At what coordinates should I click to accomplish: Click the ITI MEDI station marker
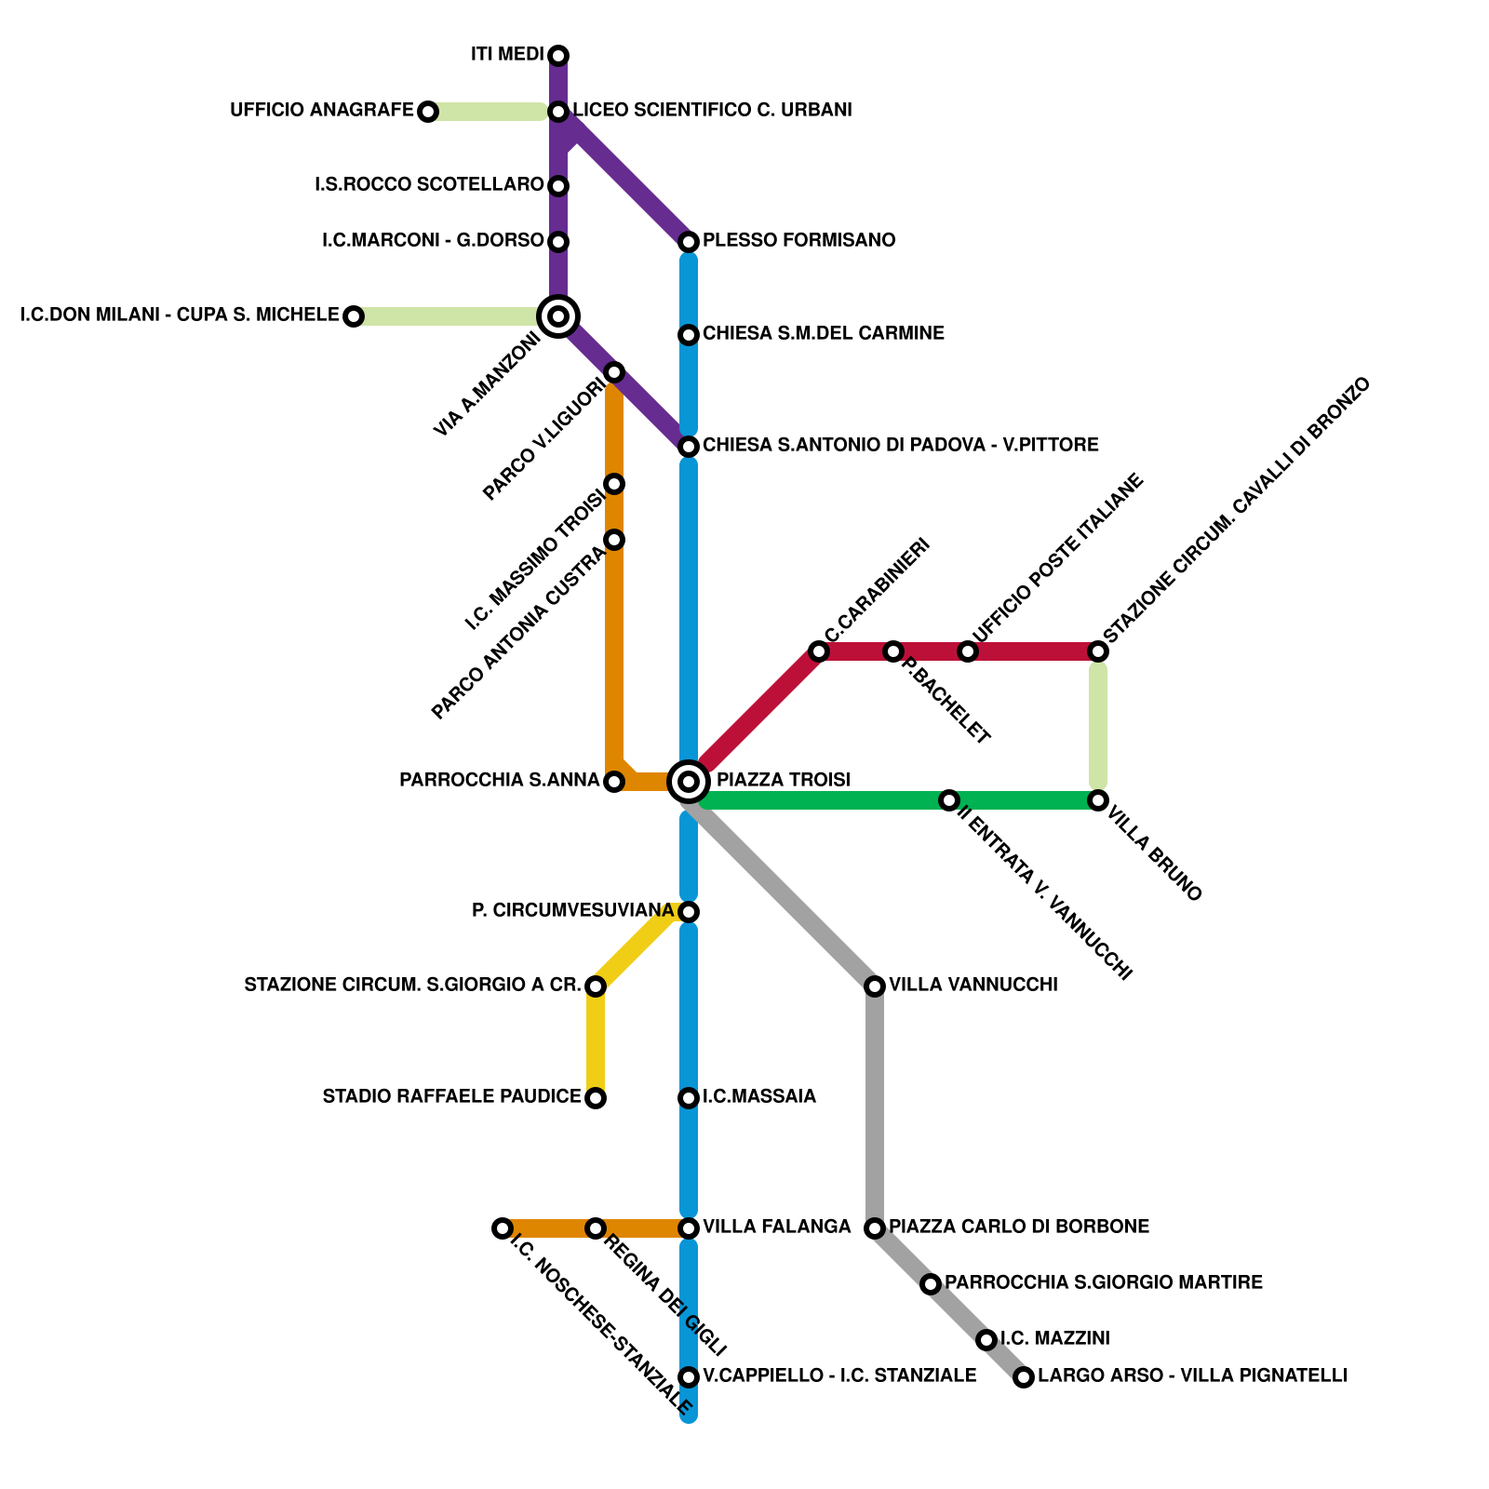(558, 56)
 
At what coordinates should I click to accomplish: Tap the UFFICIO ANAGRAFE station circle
(427, 112)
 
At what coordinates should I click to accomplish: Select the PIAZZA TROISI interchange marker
(689, 781)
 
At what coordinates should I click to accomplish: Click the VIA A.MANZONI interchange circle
(558, 316)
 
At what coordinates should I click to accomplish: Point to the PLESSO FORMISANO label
(798, 241)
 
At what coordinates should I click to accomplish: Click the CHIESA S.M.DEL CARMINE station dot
(689, 335)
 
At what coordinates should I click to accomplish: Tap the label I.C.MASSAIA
(759, 1097)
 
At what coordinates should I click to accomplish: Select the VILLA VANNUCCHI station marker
(874, 986)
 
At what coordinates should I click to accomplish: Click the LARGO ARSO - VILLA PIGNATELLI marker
(1024, 1377)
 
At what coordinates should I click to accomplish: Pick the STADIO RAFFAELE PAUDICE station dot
(596, 1098)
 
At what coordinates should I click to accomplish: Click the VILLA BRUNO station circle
(1098, 800)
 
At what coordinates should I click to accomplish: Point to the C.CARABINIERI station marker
(818, 651)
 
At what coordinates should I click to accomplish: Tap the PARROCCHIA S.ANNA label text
(499, 781)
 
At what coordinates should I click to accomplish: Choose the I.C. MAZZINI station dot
(986, 1340)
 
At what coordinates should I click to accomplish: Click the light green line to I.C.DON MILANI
(447, 316)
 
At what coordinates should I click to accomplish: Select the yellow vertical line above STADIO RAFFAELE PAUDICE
(596, 1042)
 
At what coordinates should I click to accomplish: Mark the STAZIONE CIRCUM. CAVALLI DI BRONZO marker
(1098, 651)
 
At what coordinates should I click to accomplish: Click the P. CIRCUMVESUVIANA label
(572, 911)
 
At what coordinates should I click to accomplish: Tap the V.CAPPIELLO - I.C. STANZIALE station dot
(689, 1377)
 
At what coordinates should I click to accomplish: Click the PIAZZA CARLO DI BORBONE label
(1019, 1227)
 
